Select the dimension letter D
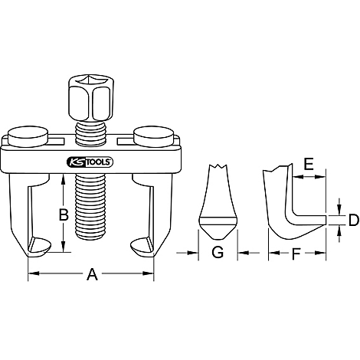(353, 221)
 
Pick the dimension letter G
(218, 254)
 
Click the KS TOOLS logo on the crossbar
(90, 162)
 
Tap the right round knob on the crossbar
(150, 137)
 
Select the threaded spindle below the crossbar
(90, 203)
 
